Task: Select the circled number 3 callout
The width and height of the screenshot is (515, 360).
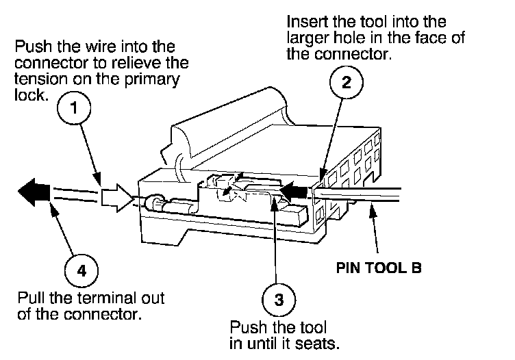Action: [278, 299]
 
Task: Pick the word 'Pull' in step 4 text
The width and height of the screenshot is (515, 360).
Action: [30, 300]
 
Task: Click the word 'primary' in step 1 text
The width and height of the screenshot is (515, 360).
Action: [155, 79]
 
